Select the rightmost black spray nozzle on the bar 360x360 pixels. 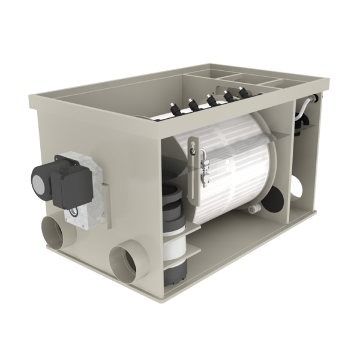tap(243, 92)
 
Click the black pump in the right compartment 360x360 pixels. tap(301, 128)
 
